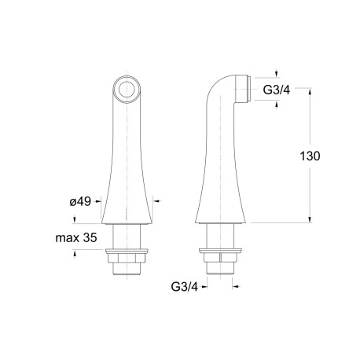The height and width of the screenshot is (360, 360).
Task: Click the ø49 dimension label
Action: click(82, 202)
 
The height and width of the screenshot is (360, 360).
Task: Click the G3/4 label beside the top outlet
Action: click(276, 90)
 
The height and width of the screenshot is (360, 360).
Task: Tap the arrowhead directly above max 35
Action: click(75, 219)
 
